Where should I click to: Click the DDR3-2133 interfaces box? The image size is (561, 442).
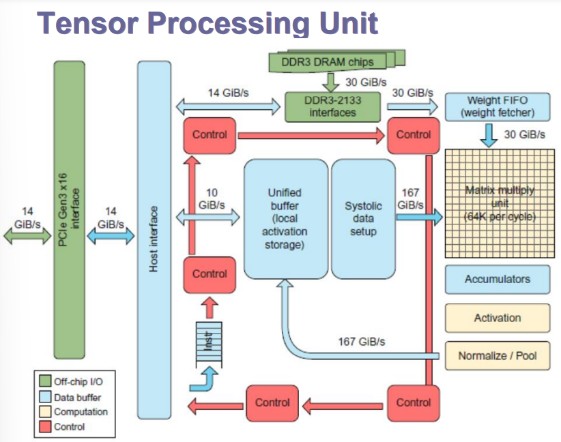click(333, 106)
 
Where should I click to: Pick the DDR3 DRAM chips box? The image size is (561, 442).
click(328, 62)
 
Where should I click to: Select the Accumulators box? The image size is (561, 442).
click(497, 279)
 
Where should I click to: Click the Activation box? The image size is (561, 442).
click(497, 318)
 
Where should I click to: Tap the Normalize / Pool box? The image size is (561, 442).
click(497, 355)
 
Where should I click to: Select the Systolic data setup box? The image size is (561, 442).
click(362, 219)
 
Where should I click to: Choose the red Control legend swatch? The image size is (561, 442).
click(46, 427)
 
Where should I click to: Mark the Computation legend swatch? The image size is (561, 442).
click(46, 412)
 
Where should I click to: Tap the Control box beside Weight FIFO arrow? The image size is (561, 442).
click(414, 135)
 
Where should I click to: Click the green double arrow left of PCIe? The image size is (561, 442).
click(27, 235)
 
